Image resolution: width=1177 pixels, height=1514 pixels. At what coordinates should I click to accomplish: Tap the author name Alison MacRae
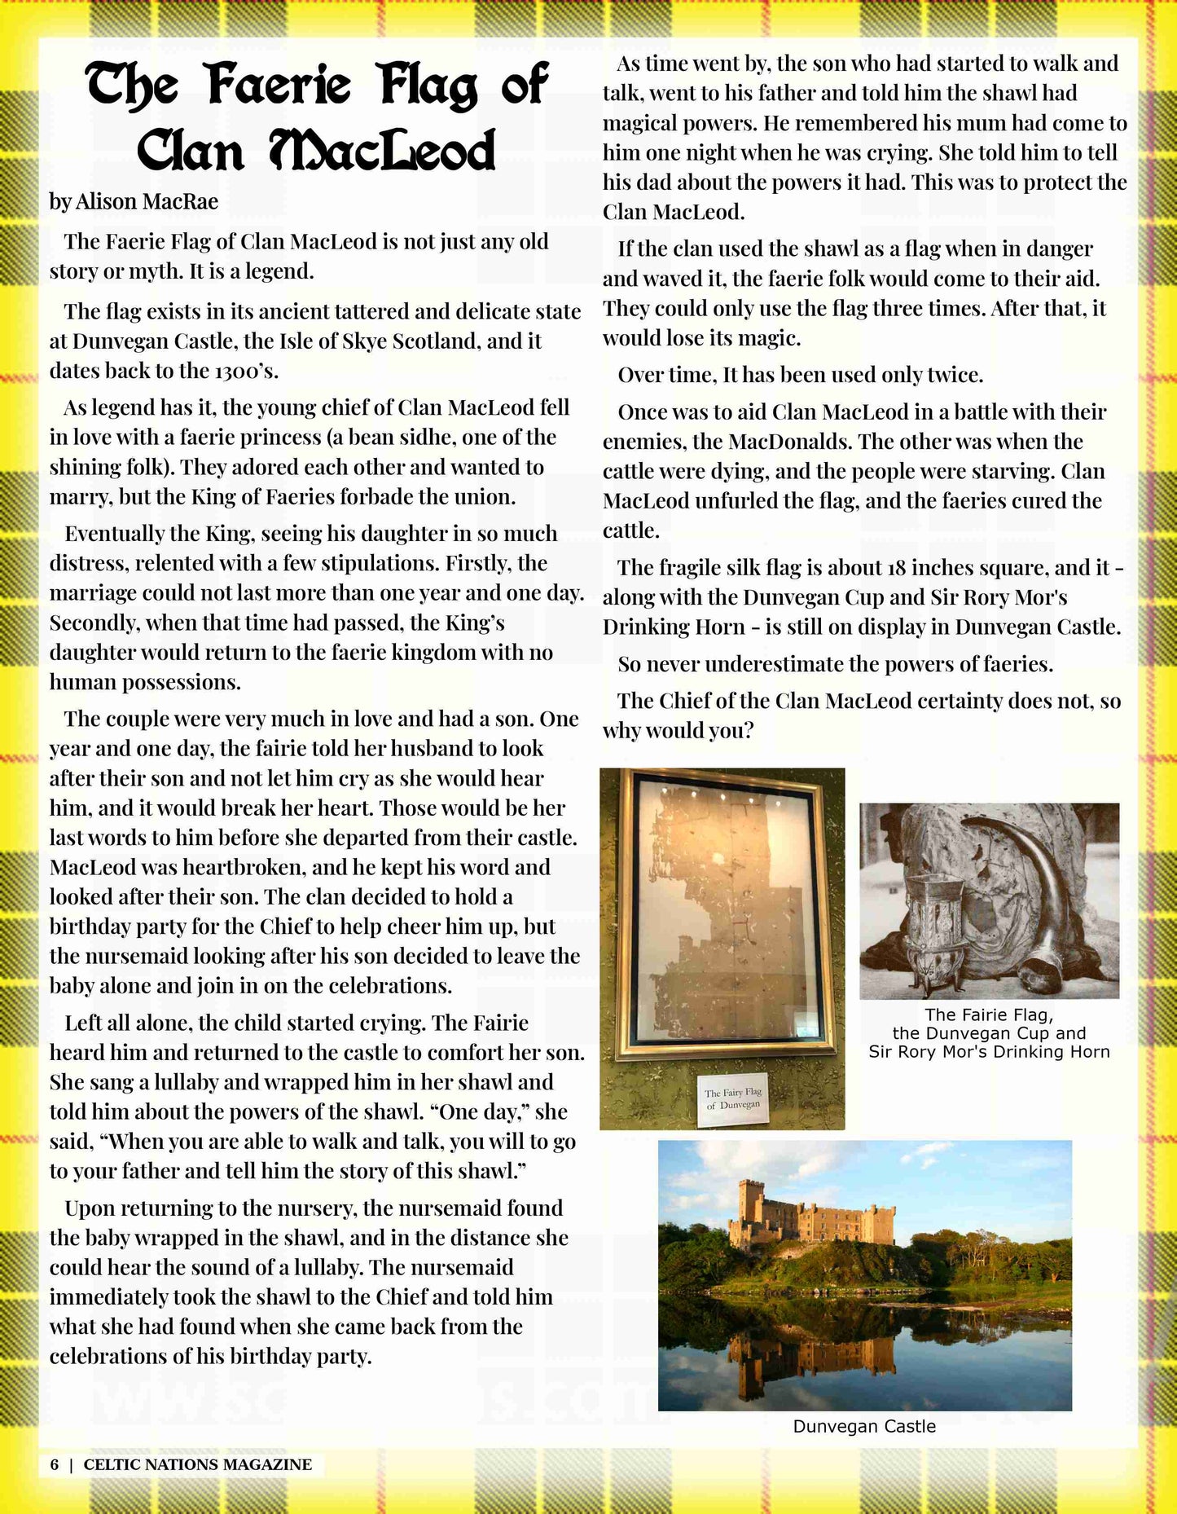(x=147, y=201)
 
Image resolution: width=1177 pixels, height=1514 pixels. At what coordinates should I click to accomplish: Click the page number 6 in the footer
(x=55, y=1464)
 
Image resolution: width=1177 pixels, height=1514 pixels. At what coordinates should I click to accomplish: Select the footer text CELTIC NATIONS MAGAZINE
(x=198, y=1464)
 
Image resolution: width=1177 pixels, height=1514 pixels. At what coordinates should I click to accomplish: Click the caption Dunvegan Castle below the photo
(x=864, y=1426)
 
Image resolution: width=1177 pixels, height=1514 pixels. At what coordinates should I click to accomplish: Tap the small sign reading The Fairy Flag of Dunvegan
(x=733, y=1098)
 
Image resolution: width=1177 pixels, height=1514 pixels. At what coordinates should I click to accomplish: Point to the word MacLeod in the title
(x=383, y=151)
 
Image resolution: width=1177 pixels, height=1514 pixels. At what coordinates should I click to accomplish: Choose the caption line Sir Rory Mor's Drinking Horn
(x=989, y=1052)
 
